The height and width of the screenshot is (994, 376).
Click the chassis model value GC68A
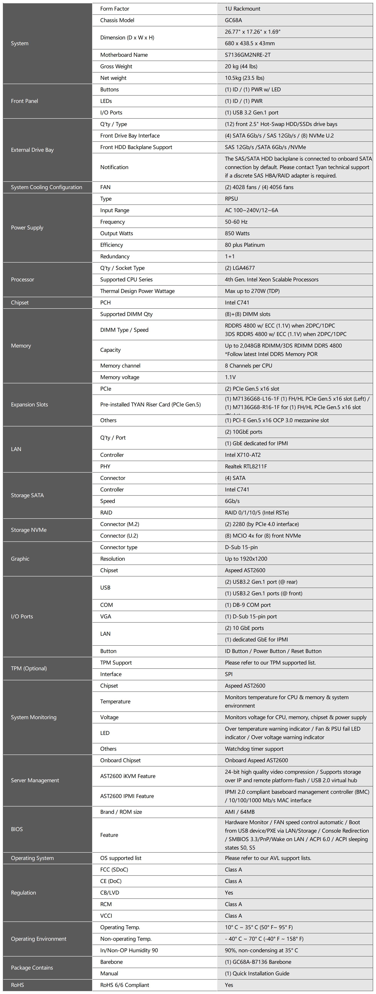click(x=234, y=20)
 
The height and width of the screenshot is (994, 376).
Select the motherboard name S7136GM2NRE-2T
click(x=247, y=55)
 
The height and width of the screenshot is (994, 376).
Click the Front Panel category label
click(x=24, y=101)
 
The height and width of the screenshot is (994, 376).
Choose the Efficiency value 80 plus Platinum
click(x=245, y=245)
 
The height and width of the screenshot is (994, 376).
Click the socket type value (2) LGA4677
click(x=240, y=268)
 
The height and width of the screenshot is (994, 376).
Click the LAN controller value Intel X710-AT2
click(x=242, y=455)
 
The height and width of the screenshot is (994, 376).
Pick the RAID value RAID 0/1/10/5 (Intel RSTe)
click(x=257, y=513)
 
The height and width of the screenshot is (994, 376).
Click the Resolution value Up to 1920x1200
click(x=246, y=559)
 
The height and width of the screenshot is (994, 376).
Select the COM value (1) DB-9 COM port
click(x=248, y=605)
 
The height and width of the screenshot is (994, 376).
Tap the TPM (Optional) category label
click(x=28, y=668)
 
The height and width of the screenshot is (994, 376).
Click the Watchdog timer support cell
click(x=254, y=749)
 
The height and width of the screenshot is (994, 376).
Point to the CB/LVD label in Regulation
click(x=110, y=892)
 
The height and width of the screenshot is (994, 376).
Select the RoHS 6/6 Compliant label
click(x=124, y=985)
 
